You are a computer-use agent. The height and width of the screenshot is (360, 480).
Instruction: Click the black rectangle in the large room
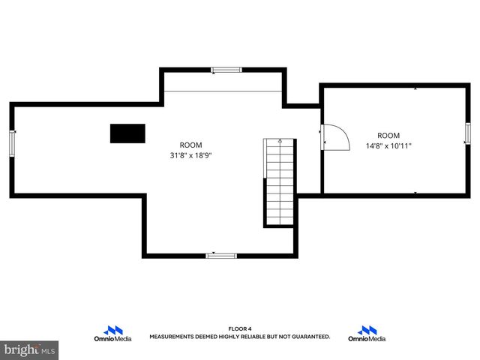[127, 133]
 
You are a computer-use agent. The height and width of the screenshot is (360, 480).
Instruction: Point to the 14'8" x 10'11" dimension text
[388, 145]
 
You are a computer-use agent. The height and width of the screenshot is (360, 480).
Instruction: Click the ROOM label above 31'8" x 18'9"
[190, 145]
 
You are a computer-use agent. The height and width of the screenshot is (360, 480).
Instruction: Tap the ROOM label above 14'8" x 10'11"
[388, 136]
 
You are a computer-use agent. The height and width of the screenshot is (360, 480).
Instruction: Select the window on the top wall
[226, 70]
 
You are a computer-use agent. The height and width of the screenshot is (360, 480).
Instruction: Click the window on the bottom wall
[221, 256]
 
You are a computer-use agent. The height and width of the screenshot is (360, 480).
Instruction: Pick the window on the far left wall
[12, 142]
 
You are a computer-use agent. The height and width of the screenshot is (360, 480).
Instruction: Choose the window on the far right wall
[466, 133]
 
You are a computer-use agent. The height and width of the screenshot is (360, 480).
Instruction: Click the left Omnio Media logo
[113, 334]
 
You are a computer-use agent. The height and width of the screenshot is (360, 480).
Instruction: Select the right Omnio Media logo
[367, 334]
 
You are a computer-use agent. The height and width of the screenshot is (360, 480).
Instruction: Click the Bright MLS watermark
[30, 349]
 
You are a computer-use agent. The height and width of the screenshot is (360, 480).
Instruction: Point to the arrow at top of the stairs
[279, 140]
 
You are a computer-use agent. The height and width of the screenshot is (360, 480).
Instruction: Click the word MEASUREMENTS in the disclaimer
[172, 337]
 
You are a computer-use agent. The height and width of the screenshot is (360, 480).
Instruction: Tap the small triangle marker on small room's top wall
[416, 88]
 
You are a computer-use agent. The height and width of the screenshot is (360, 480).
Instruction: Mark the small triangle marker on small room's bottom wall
[416, 193]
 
